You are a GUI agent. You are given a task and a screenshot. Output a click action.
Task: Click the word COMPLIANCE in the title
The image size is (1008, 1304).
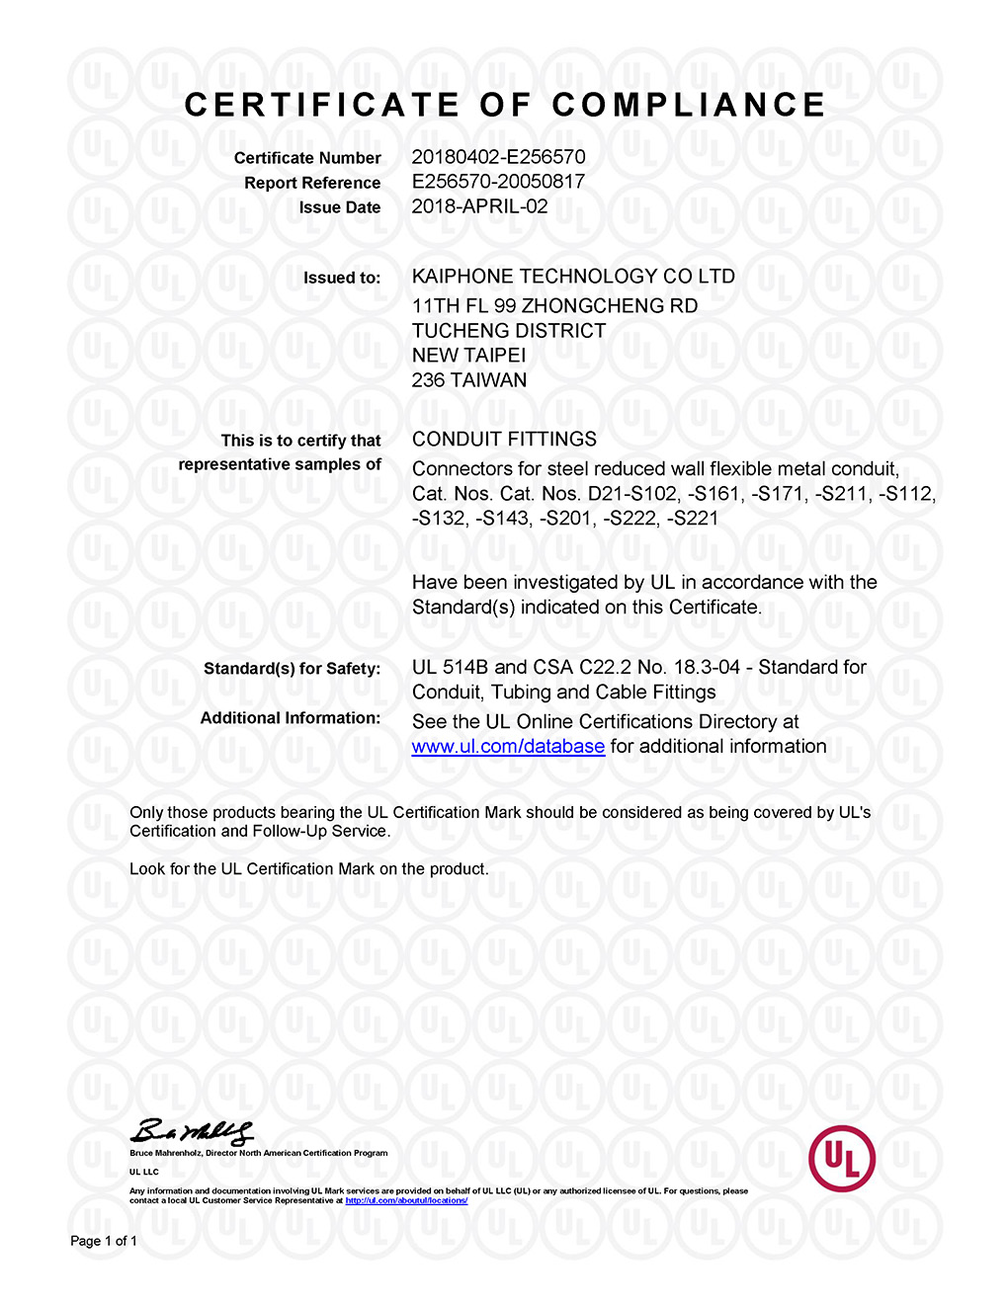689,105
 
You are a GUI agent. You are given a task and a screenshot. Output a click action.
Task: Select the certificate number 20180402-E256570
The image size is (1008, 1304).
498,157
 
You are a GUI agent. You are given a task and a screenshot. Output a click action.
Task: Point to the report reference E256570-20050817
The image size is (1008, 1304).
498,182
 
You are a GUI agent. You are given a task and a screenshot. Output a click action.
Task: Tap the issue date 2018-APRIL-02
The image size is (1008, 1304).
479,206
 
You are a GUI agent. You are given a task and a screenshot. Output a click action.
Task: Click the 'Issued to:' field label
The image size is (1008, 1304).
342,278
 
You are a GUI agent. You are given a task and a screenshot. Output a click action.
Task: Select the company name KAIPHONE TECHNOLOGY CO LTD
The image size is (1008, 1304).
573,277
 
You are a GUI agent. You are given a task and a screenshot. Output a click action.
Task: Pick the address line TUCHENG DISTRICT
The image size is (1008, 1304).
509,331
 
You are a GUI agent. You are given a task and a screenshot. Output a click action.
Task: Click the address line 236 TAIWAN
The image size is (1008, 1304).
469,380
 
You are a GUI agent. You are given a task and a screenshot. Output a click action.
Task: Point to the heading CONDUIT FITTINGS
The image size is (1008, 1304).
504,440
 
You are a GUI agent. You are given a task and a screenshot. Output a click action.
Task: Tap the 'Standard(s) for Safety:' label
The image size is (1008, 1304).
292,669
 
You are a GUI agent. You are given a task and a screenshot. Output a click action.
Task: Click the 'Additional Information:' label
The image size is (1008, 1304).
291,718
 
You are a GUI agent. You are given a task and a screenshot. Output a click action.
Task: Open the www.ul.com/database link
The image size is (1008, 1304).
508,747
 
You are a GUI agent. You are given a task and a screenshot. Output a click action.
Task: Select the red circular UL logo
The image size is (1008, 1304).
841,1158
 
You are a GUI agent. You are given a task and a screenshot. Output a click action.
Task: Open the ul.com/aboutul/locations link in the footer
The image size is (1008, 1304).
406,1200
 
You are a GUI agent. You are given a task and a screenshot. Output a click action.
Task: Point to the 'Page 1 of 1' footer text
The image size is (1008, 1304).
104,1241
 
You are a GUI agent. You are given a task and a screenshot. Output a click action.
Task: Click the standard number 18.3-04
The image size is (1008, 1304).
707,667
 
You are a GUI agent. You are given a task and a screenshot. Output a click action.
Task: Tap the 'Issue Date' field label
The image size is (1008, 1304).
340,207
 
